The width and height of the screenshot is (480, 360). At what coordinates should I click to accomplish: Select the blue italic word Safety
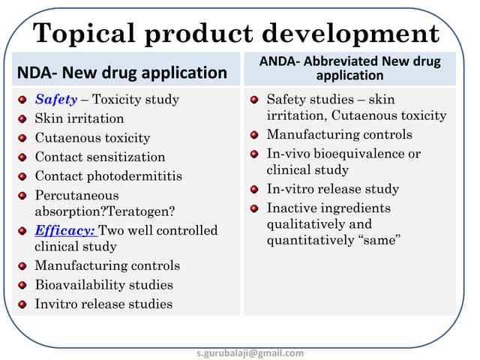pyautogui.click(x=55, y=99)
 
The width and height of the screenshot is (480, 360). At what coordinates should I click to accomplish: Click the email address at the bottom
pyautogui.click(x=250, y=352)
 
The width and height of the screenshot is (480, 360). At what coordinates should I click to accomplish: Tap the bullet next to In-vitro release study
pyautogui.click(x=253, y=190)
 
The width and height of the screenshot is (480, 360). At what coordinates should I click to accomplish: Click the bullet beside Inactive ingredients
pyautogui.click(x=253, y=208)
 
